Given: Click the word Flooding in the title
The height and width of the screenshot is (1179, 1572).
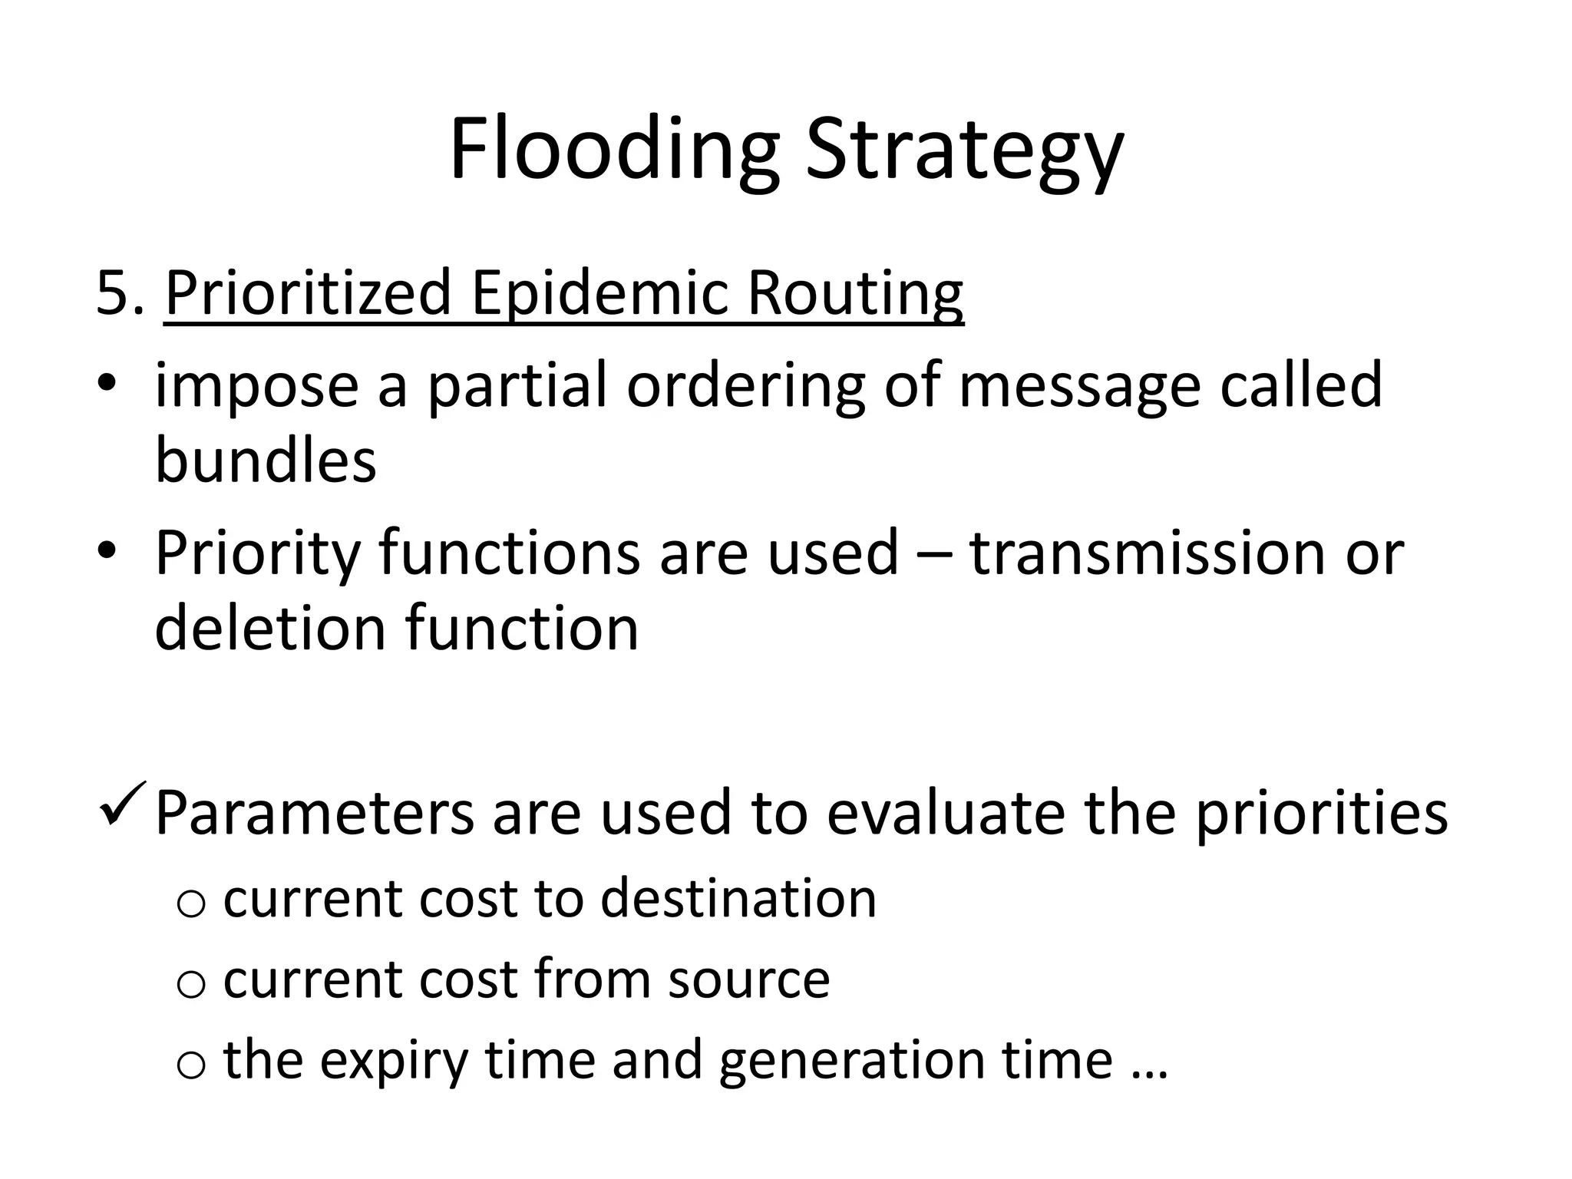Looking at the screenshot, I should click(614, 150).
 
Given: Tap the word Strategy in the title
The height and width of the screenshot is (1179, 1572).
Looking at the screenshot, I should click(963, 150).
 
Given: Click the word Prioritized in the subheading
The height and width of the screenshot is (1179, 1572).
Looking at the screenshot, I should click(308, 293).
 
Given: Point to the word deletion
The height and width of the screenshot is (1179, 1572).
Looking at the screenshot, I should click(270, 628).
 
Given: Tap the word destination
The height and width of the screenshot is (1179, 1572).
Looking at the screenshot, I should click(738, 898).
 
